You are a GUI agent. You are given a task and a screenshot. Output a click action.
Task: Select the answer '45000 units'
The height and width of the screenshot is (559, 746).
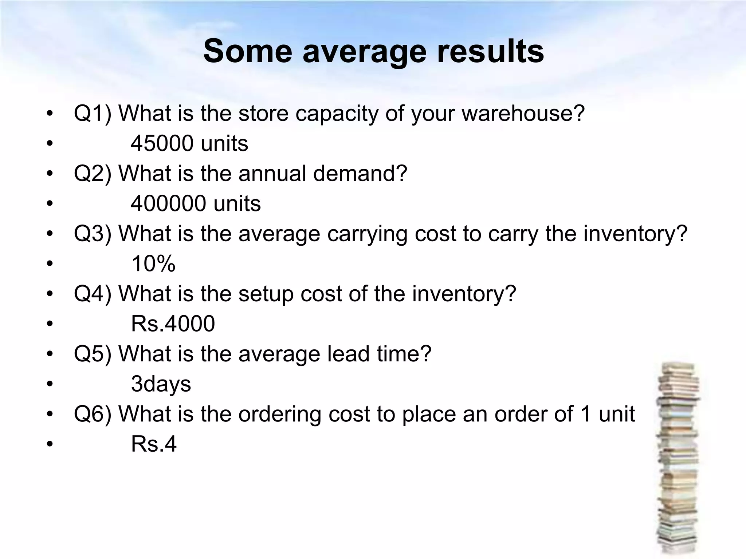coord(189,143)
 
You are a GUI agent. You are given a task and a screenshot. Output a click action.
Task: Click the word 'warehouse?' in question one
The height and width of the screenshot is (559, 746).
coord(523,114)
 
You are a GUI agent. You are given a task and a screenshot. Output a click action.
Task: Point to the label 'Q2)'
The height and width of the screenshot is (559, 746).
coord(93,173)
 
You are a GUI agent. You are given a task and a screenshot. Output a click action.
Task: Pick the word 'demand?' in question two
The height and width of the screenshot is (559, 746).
coord(360,173)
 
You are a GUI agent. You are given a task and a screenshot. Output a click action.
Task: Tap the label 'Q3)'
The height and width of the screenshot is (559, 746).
coord(93,233)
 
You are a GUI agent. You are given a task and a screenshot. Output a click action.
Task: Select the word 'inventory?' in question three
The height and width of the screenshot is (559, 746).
coord(635,233)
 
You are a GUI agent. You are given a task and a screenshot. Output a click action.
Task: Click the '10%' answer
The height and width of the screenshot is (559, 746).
coord(153,263)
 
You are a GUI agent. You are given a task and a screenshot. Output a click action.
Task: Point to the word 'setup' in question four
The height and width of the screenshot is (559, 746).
coord(266,294)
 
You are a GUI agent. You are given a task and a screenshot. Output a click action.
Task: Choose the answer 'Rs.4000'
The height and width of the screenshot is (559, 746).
coord(173,324)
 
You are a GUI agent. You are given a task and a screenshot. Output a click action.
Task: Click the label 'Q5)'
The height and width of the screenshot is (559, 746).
coord(93,354)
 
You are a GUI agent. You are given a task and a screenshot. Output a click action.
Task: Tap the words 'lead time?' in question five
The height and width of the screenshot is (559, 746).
coord(379,354)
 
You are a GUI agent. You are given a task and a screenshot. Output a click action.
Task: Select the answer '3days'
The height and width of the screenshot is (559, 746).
coord(161,384)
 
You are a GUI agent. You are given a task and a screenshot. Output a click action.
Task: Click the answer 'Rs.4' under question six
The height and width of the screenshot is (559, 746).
coord(154,444)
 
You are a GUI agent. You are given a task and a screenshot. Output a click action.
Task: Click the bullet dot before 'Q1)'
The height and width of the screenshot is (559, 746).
coord(50,114)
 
